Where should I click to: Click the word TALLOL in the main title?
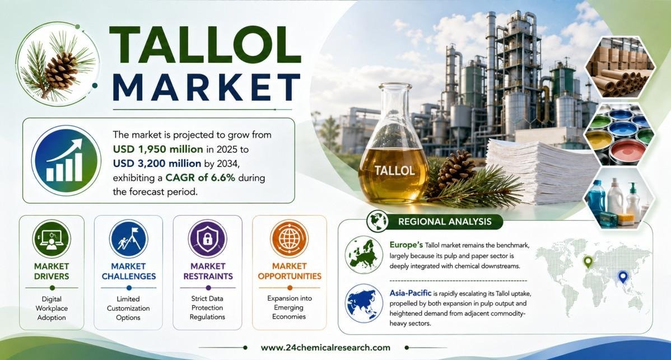[206, 44]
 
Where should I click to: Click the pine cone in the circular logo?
[60, 69]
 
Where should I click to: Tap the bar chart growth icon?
[66, 161]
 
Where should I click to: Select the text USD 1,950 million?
[158, 149]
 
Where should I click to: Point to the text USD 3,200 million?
[157, 163]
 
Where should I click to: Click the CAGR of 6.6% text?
[201, 177]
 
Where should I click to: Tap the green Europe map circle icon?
[364, 255]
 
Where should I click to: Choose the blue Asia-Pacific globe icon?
[364, 303]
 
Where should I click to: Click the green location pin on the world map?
[589, 261]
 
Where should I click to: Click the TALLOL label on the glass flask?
[394, 171]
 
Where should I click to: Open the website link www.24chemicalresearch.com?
[325, 348]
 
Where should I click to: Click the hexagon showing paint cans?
[619, 134]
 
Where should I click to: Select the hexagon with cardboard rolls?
[619, 68]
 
